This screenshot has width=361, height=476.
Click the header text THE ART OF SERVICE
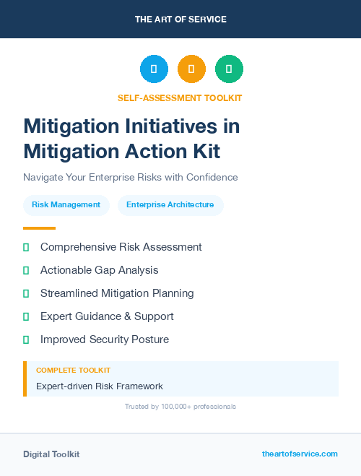point(180,20)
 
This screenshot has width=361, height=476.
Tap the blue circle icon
point(154,69)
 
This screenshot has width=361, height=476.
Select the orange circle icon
point(191,69)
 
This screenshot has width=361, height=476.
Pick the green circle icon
point(229,69)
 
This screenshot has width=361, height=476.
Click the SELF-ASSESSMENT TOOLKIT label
point(180,98)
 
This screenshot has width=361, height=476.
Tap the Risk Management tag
point(66,205)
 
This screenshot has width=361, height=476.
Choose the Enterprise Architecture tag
point(170,205)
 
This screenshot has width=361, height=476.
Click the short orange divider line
point(39,228)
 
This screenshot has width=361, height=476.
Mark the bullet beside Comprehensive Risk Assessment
point(26,248)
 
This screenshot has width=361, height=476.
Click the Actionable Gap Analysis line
point(99,270)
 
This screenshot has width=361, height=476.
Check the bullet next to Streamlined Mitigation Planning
point(26,294)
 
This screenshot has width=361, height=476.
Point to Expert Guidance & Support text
point(107,316)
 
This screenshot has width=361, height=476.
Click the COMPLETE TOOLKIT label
point(73,371)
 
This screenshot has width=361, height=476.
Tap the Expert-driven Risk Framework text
point(100,386)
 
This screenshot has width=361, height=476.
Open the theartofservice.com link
point(300,454)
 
